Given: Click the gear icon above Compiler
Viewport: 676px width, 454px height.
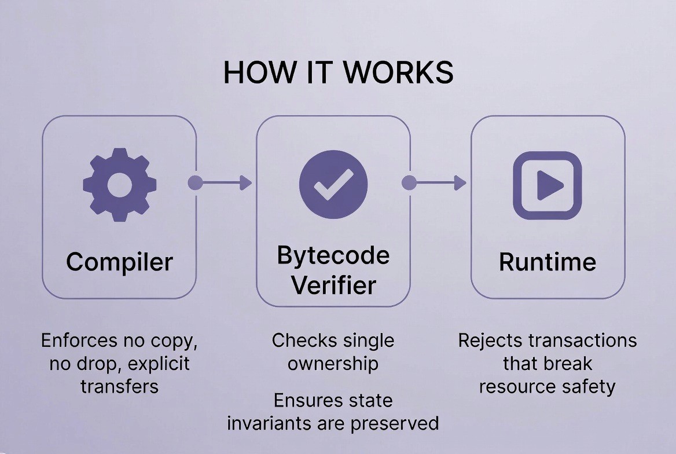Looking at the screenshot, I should point(119,184).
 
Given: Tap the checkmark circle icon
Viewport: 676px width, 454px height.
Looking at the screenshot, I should point(333,184).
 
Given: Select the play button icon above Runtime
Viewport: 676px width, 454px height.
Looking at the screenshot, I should point(548,185).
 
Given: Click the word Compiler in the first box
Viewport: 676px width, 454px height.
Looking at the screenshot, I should point(119,262).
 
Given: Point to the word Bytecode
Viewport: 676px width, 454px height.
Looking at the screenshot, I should point(333,255).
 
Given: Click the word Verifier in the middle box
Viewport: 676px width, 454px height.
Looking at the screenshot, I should point(333,285).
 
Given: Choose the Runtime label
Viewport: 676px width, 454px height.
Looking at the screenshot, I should point(547,262).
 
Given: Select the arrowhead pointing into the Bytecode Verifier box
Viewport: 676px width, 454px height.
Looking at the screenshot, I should point(246,183).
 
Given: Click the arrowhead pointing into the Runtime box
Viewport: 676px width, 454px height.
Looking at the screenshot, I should point(460,183).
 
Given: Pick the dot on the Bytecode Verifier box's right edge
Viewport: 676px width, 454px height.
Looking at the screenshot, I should point(409,183).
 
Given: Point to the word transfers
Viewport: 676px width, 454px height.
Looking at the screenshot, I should point(119,386).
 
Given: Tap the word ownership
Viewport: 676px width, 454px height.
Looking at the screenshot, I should point(333,363).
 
